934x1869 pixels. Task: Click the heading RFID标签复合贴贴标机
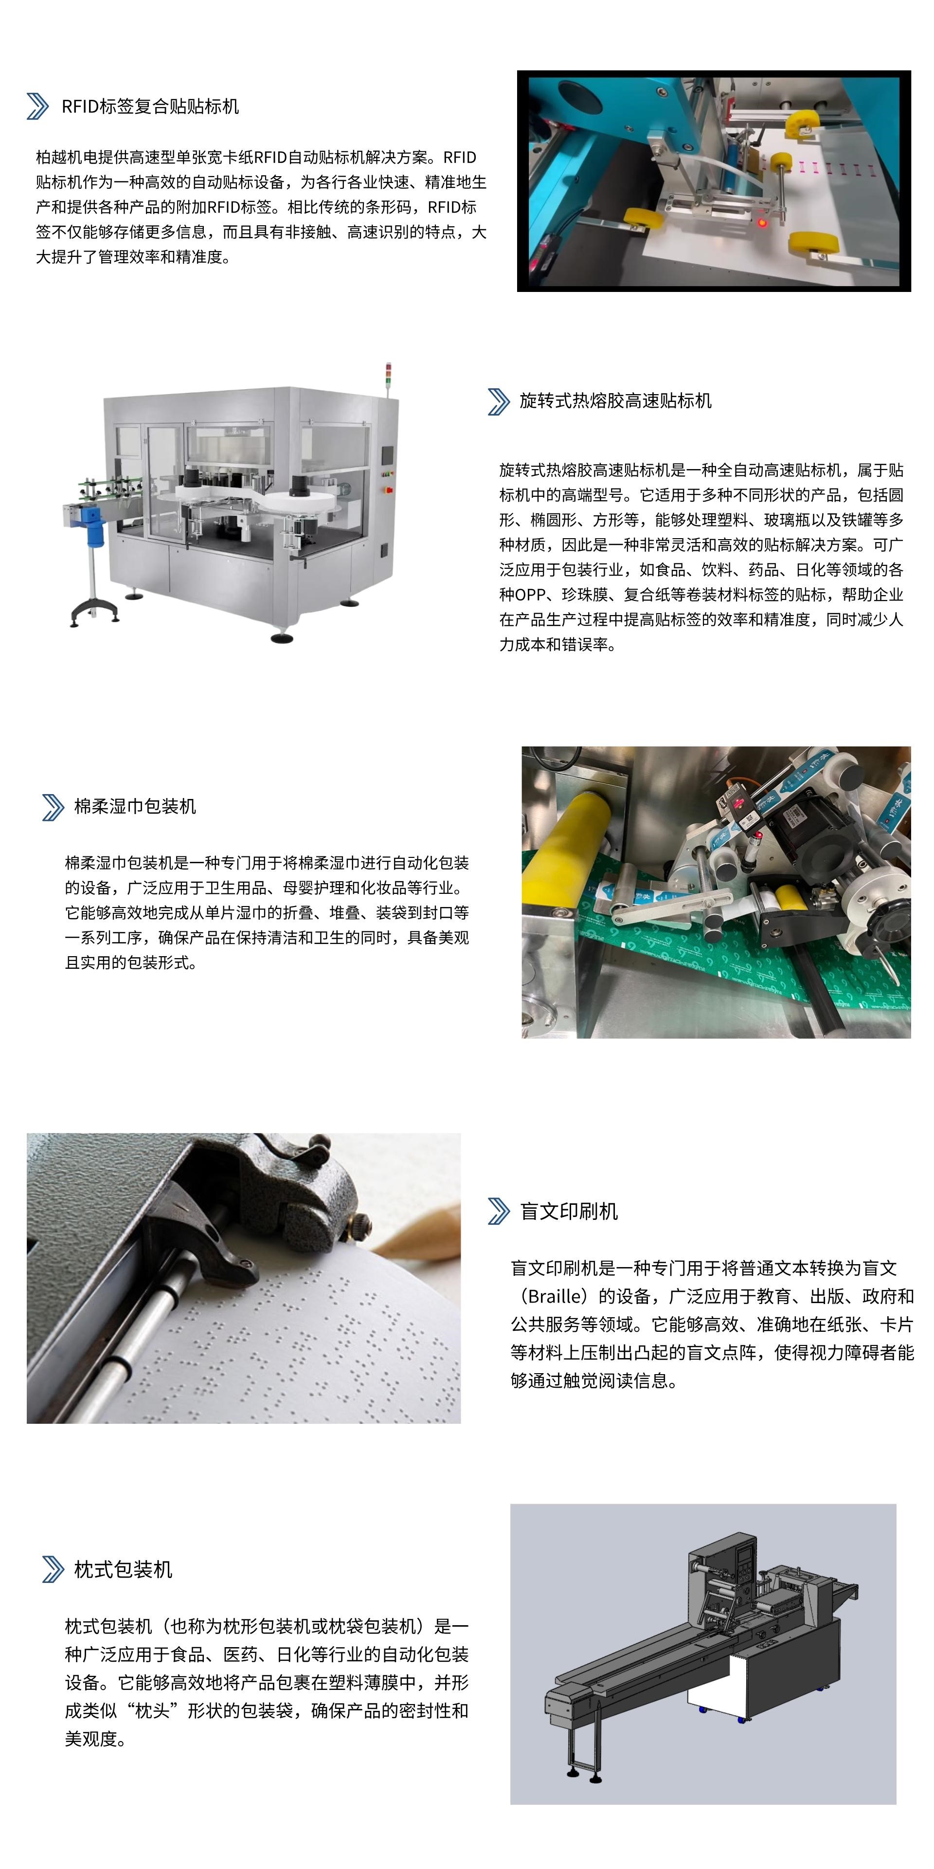tap(150, 107)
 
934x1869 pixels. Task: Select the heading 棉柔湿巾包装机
tap(135, 807)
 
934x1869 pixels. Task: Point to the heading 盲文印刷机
tap(569, 1212)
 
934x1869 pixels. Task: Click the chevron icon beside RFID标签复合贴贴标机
tap(38, 107)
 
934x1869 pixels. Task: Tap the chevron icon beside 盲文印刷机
tap(499, 1212)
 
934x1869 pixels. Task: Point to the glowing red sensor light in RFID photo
tap(762, 221)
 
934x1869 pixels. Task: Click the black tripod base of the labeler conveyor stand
tap(95, 611)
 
